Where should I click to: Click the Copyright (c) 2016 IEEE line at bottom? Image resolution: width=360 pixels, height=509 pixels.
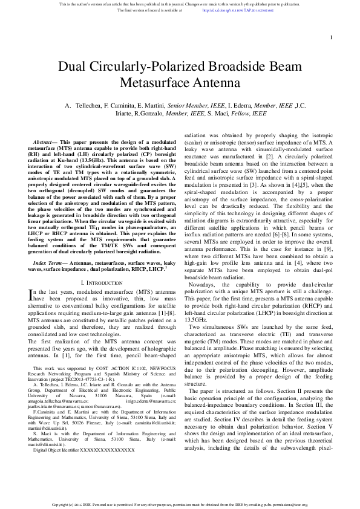coord(180,504)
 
